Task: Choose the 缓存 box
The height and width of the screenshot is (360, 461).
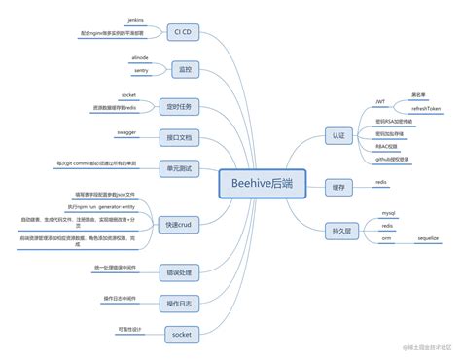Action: [x=337, y=185]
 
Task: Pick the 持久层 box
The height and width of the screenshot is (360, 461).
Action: [x=337, y=231]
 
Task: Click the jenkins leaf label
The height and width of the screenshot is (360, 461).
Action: [x=136, y=19]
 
